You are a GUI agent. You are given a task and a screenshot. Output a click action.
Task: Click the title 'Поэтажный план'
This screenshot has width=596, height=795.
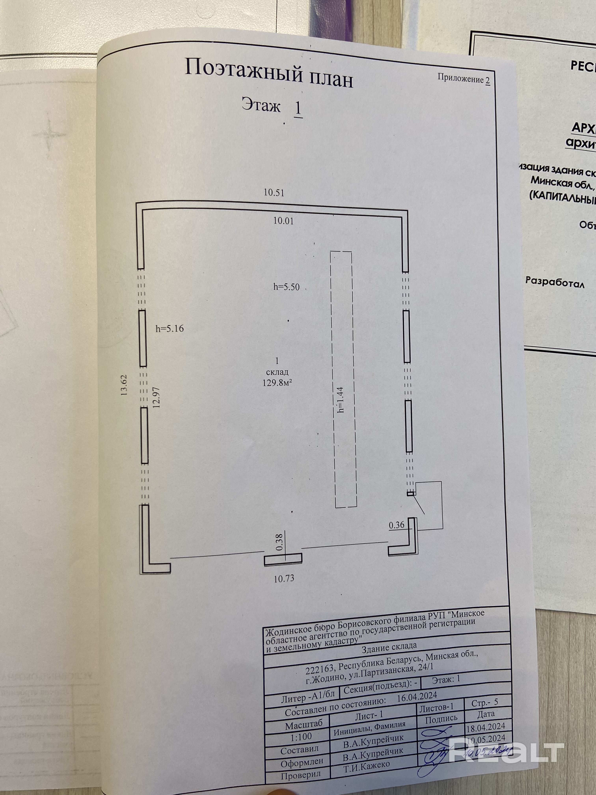tap(269, 73)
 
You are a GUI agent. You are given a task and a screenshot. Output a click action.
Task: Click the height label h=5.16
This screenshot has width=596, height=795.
tap(169, 328)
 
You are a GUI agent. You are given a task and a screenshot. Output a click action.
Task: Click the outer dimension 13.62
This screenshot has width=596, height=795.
tap(124, 384)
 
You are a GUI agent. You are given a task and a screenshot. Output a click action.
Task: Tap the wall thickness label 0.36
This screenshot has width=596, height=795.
tap(397, 525)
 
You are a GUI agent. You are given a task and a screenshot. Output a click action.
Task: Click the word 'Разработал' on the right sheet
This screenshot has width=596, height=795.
tap(555, 282)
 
